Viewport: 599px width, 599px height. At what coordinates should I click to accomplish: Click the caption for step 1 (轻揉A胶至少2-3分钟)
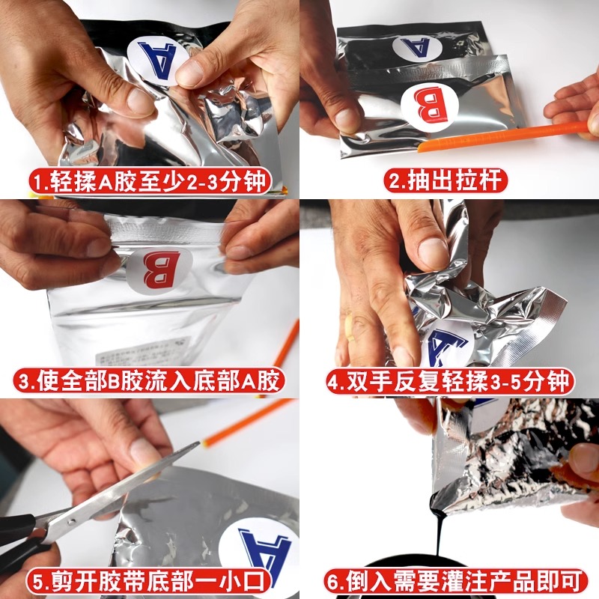coord(150,181)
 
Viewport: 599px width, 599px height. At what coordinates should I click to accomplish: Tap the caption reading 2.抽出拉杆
coord(449,181)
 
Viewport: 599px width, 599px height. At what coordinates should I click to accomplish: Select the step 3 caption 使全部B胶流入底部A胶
coord(150,380)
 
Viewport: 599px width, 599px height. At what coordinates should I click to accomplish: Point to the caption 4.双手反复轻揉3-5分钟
coord(449,380)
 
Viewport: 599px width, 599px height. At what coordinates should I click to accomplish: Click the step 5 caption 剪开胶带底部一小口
coord(150,580)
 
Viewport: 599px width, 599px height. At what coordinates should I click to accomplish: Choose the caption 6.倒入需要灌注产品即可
coord(449,580)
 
